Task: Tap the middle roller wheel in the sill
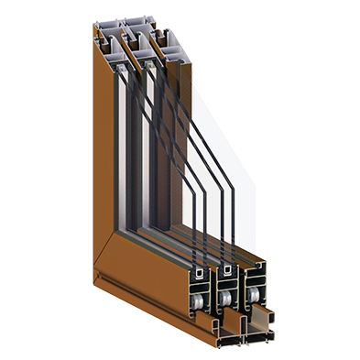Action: point(224,297)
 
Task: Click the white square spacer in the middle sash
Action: point(225,276)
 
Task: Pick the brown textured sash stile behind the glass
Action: point(165,156)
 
